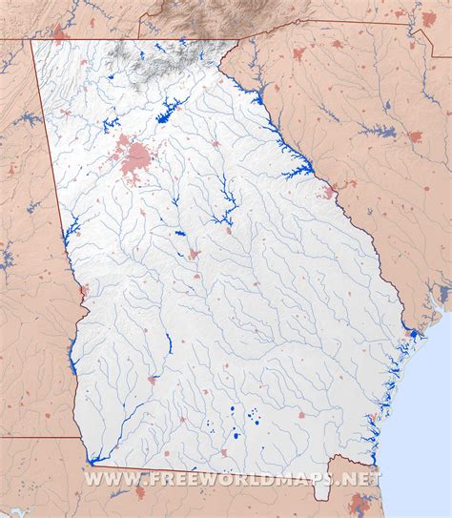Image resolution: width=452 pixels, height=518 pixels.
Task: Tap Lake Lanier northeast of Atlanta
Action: tap(171, 110)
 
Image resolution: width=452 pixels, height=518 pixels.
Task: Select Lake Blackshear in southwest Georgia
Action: tap(167, 342)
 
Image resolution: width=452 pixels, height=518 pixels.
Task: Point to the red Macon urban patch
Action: tap(194, 255)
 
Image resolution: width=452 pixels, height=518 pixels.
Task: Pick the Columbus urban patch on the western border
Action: tap(83, 290)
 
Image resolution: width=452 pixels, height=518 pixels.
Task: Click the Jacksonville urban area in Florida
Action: tap(360, 503)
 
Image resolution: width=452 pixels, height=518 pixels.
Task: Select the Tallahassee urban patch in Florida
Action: tap(140, 490)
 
